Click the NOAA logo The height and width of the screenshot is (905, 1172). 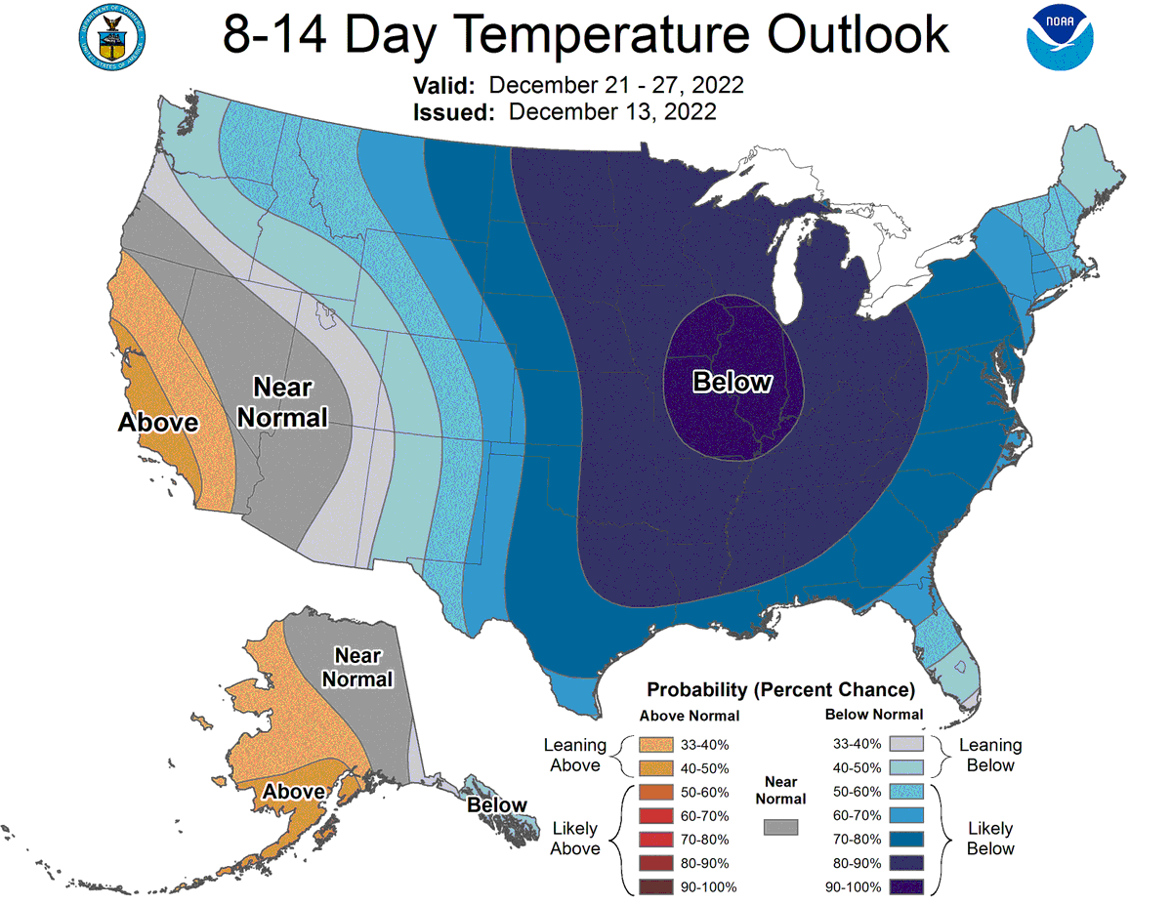(1060, 38)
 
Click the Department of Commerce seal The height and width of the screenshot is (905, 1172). (111, 38)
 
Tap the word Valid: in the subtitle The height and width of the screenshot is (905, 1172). (443, 85)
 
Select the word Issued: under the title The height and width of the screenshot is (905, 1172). (453, 112)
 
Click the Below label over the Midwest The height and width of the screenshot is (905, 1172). (732, 382)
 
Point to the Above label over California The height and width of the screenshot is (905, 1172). (158, 422)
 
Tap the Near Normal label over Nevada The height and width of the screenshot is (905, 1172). (282, 402)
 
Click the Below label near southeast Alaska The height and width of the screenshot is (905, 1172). (497, 804)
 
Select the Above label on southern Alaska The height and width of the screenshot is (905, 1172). (294, 792)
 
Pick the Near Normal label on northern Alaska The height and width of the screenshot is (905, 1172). (357, 668)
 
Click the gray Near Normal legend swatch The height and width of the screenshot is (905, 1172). (780, 827)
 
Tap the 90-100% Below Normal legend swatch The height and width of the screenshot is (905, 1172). (906, 886)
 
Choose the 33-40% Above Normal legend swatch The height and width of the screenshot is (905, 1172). (656, 744)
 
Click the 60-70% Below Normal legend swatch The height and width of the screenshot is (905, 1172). (906, 815)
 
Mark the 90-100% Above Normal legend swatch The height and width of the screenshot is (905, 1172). (656, 886)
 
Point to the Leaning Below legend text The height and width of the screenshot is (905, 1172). (990, 755)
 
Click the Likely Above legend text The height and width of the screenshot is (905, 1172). (575, 839)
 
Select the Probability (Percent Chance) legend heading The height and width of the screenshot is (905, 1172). (781, 689)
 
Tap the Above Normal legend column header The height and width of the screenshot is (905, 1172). (690, 716)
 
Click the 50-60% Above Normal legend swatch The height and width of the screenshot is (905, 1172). (656, 792)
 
